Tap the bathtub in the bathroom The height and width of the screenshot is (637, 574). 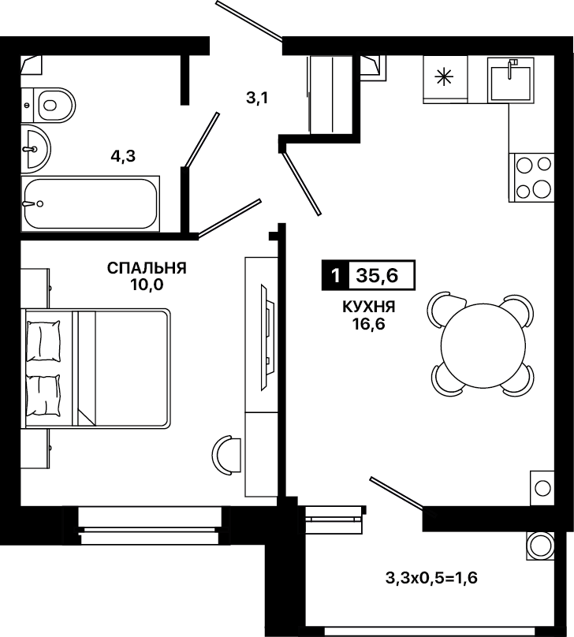point(90,204)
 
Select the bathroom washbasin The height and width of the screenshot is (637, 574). point(35,149)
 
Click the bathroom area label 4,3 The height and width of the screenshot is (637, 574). point(123,155)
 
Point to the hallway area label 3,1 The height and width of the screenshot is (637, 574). point(257,98)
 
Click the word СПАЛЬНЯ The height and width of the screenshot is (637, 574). point(147,268)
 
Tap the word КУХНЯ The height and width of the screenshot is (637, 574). point(369,307)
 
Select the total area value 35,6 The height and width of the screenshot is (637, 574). point(378,275)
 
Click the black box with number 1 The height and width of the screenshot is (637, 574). point(335,275)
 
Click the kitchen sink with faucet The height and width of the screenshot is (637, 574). point(510,79)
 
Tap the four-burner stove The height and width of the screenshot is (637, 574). point(531,177)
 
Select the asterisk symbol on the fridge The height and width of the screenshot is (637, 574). point(444,77)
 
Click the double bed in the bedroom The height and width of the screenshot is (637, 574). point(96,367)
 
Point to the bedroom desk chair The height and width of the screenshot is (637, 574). point(225,455)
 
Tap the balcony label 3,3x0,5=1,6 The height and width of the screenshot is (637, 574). point(431,577)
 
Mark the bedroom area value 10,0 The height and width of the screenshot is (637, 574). point(147,285)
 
